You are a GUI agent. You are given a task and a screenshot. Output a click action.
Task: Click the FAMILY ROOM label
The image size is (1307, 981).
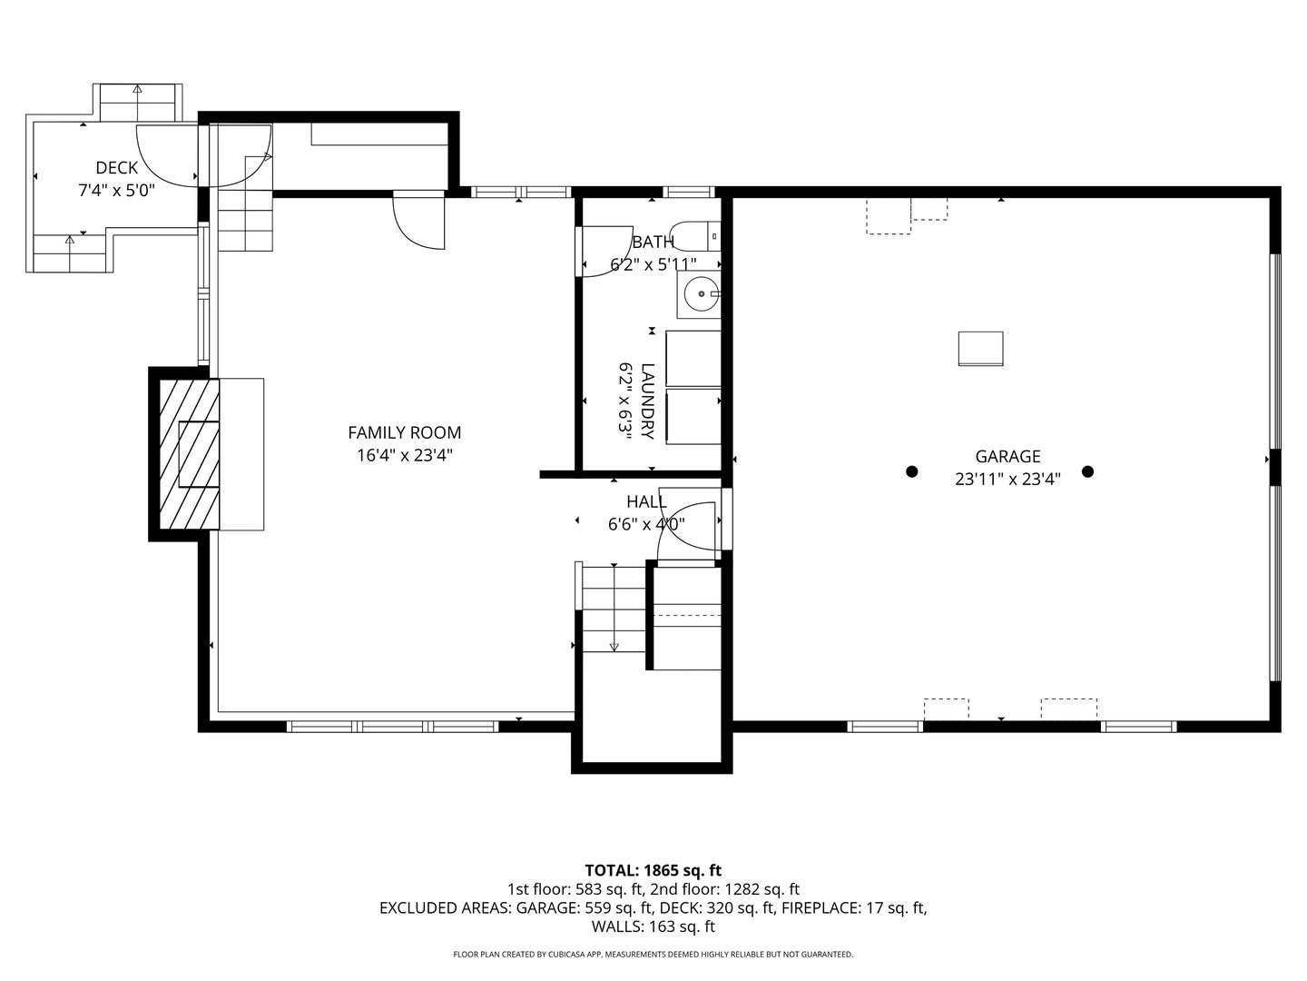[x=405, y=433]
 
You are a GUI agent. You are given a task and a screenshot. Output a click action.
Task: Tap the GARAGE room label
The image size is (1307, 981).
[x=1007, y=457]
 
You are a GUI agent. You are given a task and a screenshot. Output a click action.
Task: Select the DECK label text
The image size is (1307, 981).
[x=117, y=168]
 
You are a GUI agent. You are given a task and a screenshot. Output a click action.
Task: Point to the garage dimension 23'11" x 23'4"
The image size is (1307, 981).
[x=1007, y=480]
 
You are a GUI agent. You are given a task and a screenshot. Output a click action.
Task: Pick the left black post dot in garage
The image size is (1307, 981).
[x=911, y=471]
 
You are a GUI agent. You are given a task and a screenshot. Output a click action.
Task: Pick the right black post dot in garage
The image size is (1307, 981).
[x=1087, y=471]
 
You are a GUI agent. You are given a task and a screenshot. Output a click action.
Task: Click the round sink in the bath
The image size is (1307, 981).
[x=701, y=293]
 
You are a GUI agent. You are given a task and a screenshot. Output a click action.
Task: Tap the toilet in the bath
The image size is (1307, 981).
[x=695, y=236]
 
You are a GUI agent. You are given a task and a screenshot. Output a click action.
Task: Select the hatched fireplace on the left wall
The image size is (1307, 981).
[x=189, y=454]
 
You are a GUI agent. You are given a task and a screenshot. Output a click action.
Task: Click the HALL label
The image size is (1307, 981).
[x=646, y=501]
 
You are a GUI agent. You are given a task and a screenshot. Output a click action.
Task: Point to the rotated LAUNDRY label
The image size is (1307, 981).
[x=647, y=401]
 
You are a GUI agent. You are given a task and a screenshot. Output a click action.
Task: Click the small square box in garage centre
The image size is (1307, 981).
[x=981, y=348]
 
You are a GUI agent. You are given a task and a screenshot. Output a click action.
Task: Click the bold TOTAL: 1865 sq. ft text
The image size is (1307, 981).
[x=653, y=870]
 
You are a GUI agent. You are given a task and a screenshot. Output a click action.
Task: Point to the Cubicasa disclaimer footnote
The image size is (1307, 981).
[x=653, y=955]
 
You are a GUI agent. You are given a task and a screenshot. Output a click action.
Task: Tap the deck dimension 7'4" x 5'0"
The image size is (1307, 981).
[x=117, y=191]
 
